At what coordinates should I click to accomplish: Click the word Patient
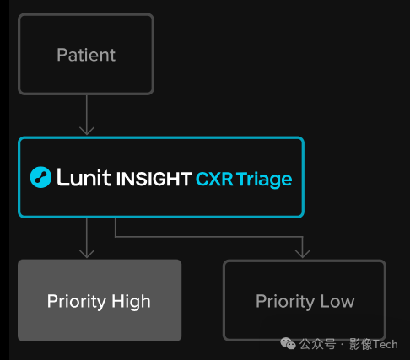(x=86, y=55)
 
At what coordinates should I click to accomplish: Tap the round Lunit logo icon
(x=40, y=177)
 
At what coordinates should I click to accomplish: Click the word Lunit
(x=84, y=177)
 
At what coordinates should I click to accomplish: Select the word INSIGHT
(x=154, y=179)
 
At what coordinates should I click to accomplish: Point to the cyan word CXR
(x=214, y=179)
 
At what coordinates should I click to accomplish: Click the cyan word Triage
(x=264, y=180)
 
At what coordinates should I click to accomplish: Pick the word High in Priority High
(x=131, y=302)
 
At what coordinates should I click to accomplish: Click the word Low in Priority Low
(x=337, y=302)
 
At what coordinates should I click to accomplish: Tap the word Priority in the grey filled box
(x=77, y=302)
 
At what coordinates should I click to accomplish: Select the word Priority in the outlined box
(x=285, y=302)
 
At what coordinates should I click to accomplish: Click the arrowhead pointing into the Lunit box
(x=87, y=131)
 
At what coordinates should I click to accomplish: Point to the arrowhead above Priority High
(x=87, y=254)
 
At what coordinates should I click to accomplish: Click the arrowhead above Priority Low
(x=303, y=254)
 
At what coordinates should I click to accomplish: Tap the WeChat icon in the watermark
(x=288, y=344)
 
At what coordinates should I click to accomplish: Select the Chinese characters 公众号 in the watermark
(x=317, y=344)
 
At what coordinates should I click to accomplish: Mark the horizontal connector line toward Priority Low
(x=208, y=237)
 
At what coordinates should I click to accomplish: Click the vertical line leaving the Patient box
(x=87, y=115)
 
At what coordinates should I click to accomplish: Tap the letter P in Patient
(x=62, y=55)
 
